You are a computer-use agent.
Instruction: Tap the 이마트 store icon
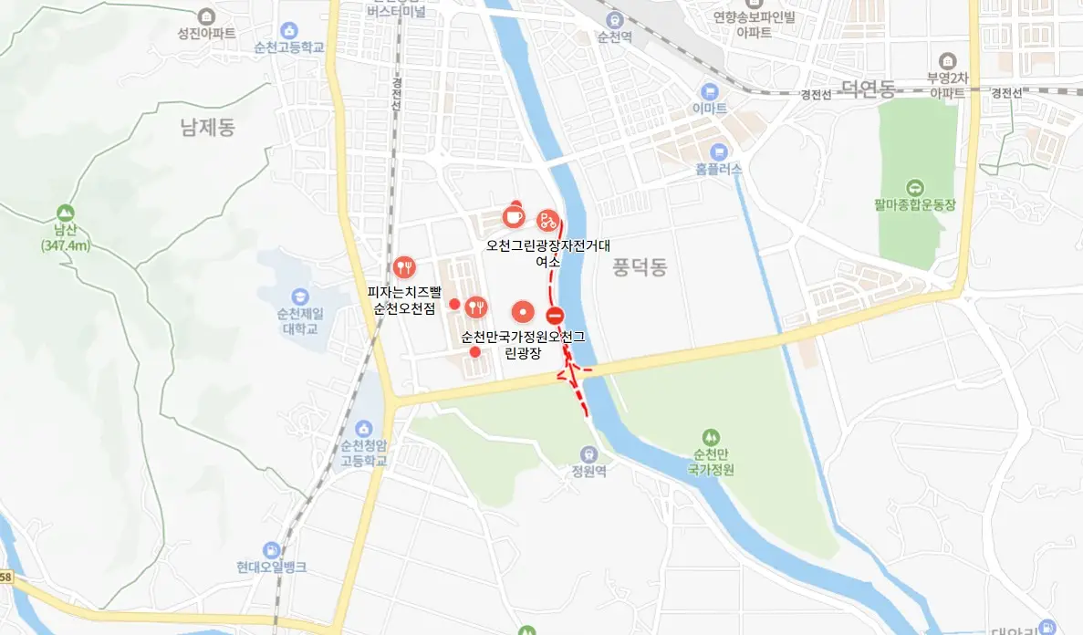(709, 91)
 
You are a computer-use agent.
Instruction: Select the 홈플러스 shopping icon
(719, 151)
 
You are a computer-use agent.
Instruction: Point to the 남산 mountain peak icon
(65, 211)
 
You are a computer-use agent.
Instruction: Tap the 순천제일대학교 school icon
(299, 297)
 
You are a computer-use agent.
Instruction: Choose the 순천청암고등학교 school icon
(364, 428)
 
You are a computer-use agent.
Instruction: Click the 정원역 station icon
(589, 453)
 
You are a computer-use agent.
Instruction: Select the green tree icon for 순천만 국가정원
(712, 437)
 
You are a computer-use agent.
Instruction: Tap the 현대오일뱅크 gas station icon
(271, 550)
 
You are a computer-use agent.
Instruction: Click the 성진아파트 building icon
(207, 16)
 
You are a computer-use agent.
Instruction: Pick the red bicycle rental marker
(547, 218)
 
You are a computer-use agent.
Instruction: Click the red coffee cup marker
(514, 216)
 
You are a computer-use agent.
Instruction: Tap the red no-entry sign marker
(555, 317)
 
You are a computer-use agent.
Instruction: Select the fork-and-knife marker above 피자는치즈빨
(404, 267)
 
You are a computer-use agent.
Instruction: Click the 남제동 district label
(208, 127)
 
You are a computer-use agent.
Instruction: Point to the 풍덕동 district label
(640, 267)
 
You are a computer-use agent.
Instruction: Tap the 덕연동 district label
(868, 88)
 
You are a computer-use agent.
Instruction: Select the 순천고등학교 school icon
(290, 31)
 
